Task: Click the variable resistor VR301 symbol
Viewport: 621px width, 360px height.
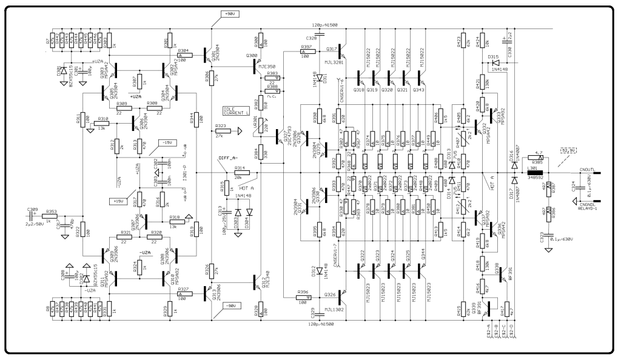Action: tap(261, 125)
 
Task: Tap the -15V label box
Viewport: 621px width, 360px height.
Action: tap(165, 142)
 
